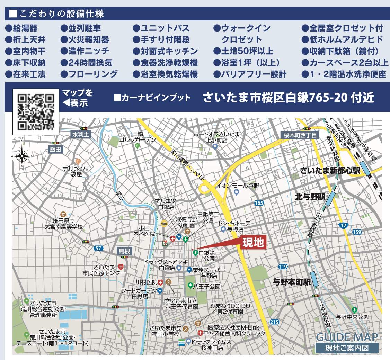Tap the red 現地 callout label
click(253, 243)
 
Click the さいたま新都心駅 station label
click(330, 171)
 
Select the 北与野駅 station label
click(311, 197)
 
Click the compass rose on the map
click(22, 153)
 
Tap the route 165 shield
click(259, 203)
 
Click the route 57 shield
click(99, 248)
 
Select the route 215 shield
click(274, 322)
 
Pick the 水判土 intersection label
click(81, 135)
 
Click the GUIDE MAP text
click(347, 337)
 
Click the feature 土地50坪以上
click(243, 51)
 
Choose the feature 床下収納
click(25, 63)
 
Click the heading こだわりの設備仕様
click(57, 14)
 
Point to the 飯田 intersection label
click(55, 149)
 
